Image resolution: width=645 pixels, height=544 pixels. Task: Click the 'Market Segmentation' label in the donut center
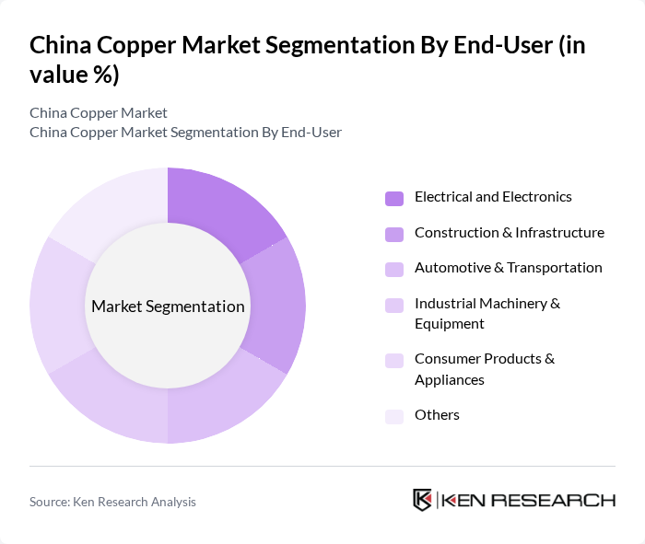[x=168, y=307]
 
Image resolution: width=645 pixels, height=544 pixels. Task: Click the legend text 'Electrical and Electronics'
[x=493, y=197]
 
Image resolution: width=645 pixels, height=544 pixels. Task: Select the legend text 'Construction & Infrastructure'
[x=509, y=233]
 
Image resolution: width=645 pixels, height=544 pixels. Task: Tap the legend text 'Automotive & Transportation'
[x=508, y=268]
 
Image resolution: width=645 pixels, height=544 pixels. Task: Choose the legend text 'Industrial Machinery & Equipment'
[x=487, y=313]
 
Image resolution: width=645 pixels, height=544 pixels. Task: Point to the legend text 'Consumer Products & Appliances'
[x=484, y=369]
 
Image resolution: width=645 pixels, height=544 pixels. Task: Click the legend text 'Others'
[x=437, y=415]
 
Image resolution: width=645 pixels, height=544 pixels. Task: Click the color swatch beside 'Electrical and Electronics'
[x=394, y=198]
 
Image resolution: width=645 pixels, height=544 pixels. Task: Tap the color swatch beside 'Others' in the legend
[x=394, y=416]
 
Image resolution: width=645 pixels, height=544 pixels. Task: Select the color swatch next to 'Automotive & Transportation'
[x=394, y=269]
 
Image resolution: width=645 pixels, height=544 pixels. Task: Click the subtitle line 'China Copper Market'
[x=99, y=112]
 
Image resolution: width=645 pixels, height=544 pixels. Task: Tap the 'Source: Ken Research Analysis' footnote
[x=112, y=502]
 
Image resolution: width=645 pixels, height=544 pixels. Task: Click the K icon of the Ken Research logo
[x=422, y=500]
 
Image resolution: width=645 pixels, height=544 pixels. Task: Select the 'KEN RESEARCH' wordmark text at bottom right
[x=528, y=501]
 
